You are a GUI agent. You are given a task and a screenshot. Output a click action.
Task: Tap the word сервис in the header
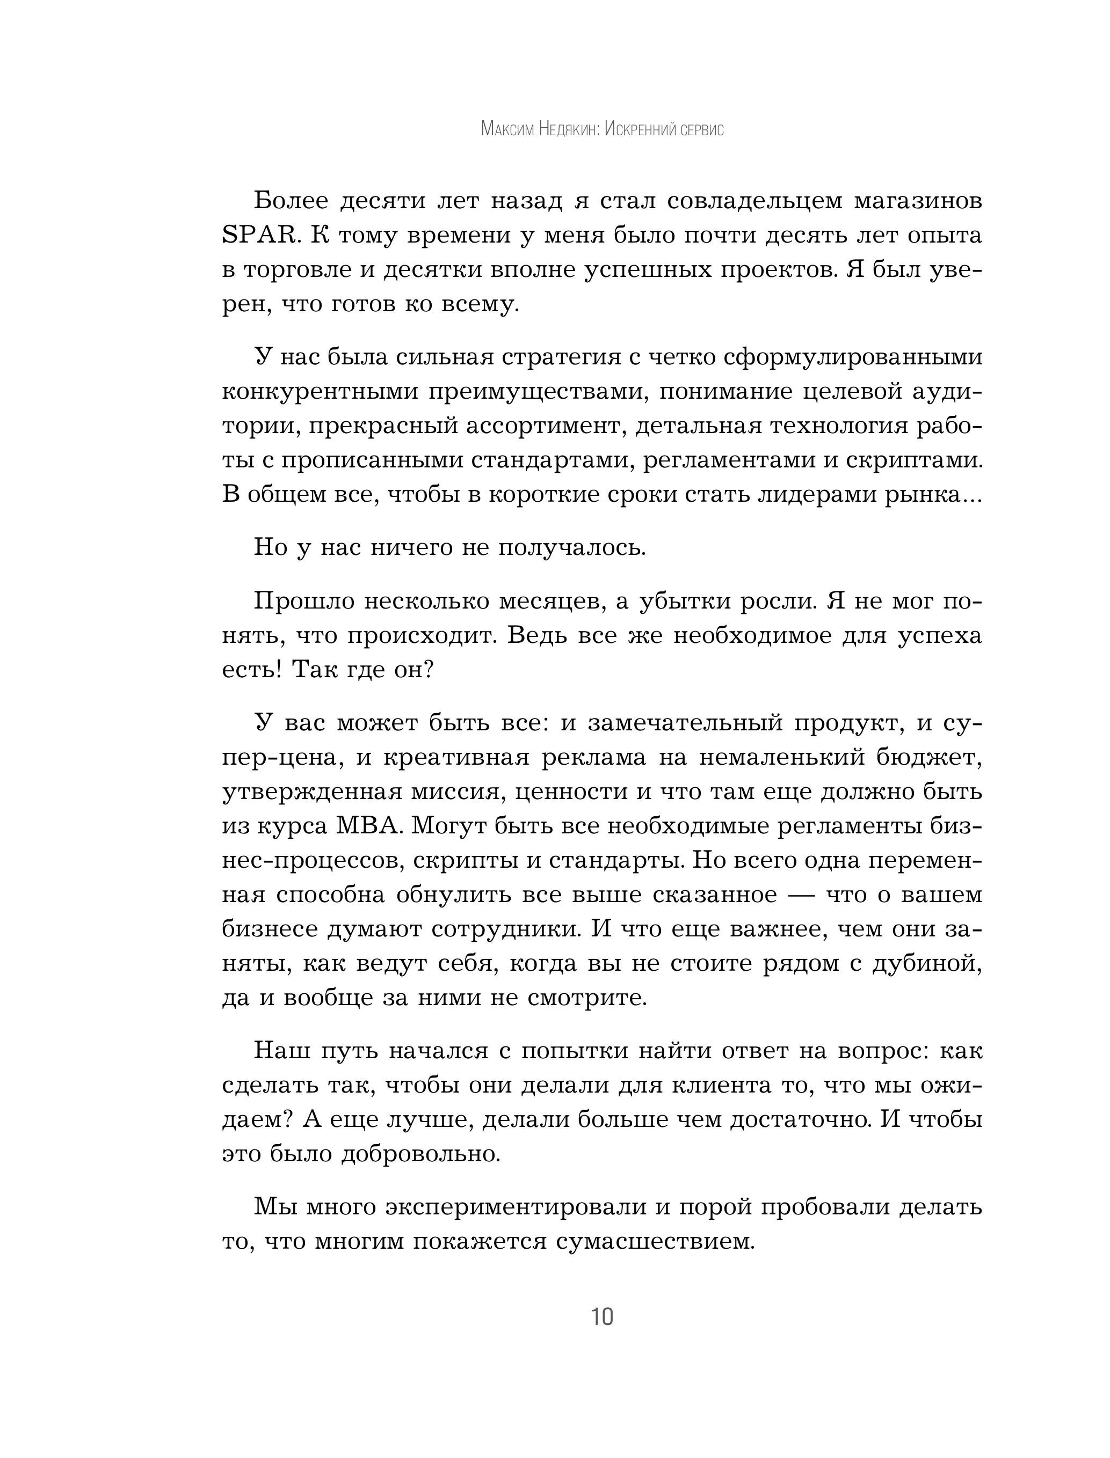(702, 129)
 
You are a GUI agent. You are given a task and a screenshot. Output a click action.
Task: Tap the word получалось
(571, 547)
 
